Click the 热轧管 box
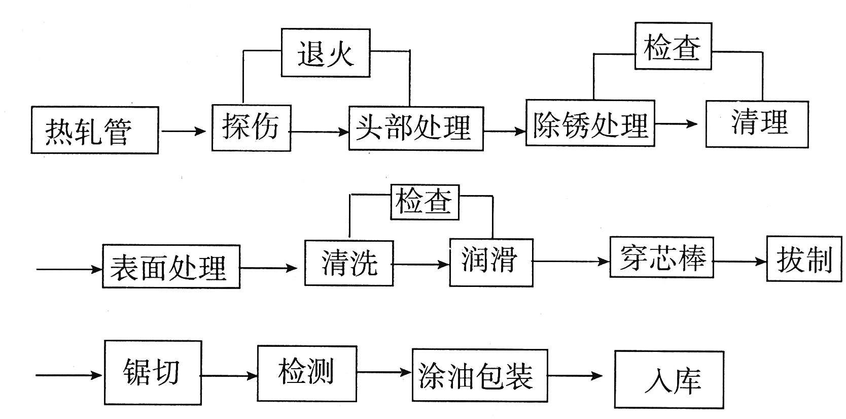click(x=94, y=130)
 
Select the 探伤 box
click(x=251, y=127)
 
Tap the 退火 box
click(x=325, y=53)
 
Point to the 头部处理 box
click(x=415, y=128)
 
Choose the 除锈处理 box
click(x=590, y=123)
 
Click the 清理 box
click(x=757, y=124)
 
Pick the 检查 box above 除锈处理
click(x=673, y=46)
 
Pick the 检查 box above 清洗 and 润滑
click(x=425, y=202)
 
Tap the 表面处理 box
click(x=171, y=267)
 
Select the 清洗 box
click(x=348, y=263)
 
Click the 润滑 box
click(x=490, y=263)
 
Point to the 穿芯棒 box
click(x=661, y=257)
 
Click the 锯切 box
click(x=153, y=372)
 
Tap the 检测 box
click(x=307, y=371)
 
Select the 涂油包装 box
click(x=479, y=375)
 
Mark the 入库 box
click(x=669, y=379)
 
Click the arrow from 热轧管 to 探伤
click(x=184, y=132)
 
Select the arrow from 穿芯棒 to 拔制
click(x=739, y=262)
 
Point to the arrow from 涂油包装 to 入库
click(x=575, y=376)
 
